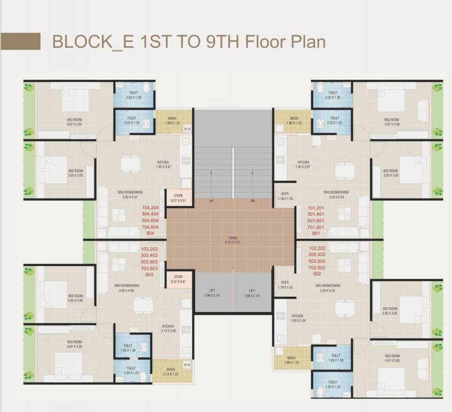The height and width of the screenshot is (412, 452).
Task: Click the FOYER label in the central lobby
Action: click(232, 237)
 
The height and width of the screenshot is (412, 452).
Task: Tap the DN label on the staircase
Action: click(253, 201)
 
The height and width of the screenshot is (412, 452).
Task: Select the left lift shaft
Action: click(213, 293)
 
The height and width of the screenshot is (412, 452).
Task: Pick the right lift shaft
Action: click(252, 293)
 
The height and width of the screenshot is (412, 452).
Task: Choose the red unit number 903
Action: click(149, 274)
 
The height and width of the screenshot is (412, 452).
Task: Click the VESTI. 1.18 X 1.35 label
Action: click(285, 196)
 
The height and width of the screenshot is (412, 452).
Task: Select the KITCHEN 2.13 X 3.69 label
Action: click(168, 328)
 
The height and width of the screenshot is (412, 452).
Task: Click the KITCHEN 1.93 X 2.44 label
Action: click(297, 318)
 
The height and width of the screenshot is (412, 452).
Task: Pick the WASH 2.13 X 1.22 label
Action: click(171, 371)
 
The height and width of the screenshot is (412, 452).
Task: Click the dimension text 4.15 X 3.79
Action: click(232, 241)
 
